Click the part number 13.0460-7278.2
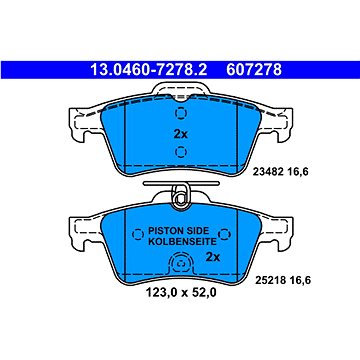[x=149, y=70]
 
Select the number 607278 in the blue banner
[x=254, y=70]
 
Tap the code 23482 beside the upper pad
[x=268, y=172]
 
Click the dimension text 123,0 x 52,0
[x=181, y=293]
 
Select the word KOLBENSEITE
[x=182, y=241]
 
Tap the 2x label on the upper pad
[x=181, y=134]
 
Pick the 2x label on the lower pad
[x=212, y=257]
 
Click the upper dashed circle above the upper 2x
[x=181, y=113]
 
